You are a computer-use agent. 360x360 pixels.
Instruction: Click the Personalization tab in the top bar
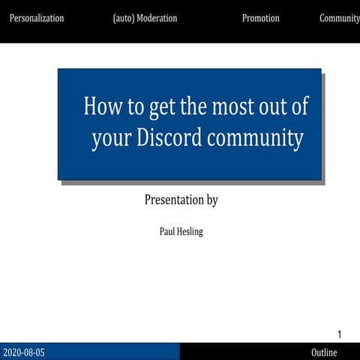coord(36,19)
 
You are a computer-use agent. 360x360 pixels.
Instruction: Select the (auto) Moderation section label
coord(145,19)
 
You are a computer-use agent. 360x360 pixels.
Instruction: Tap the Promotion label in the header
coord(260,19)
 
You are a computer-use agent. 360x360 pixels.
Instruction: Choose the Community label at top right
coord(340,19)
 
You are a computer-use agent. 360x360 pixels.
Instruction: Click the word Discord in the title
coord(174,139)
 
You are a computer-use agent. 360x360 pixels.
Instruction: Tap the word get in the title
coord(161,107)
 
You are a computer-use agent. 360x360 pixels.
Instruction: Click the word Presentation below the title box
coord(173,200)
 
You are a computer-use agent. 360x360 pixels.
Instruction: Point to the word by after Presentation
coord(211,201)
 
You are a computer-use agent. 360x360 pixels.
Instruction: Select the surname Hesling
coord(190,232)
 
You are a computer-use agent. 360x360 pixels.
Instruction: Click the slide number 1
coord(340,334)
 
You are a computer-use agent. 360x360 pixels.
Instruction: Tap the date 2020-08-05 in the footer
coord(24,352)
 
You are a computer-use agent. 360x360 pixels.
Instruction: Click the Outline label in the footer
coord(324,352)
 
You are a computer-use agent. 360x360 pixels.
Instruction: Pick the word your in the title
coord(111,139)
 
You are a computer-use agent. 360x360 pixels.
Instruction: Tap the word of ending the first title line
coord(300,106)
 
